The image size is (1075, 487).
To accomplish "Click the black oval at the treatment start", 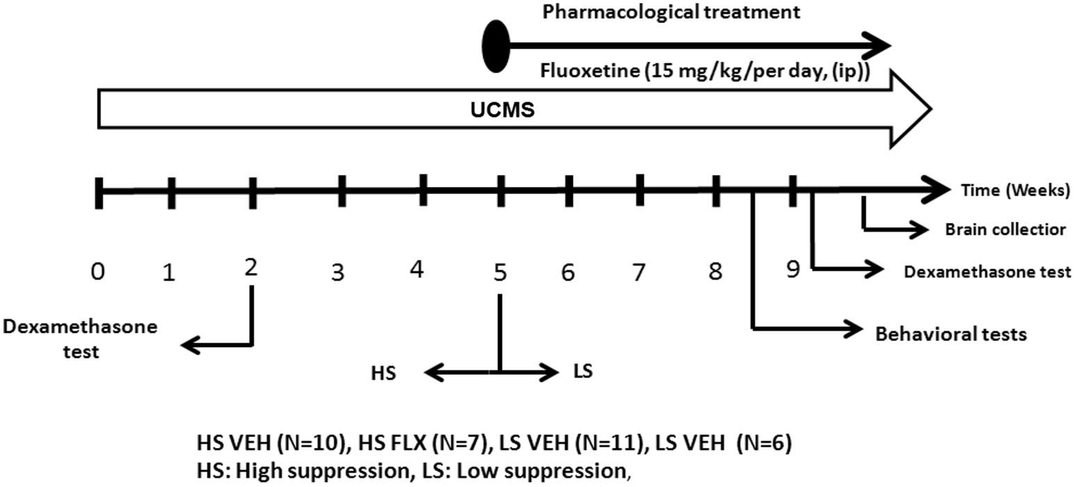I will pos(496,47).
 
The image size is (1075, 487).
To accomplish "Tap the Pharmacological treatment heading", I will pos(671,13).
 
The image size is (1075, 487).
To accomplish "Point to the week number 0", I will pos(98,271).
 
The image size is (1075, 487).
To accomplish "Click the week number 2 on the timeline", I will pos(251,266).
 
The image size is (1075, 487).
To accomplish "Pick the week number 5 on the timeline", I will pos(499,272).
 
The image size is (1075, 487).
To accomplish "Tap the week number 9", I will pos(793,269).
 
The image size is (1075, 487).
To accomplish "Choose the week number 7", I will pos(638,272).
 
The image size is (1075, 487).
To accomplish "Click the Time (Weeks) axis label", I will pos(1015,190).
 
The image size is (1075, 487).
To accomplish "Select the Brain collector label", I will pos(1005,229).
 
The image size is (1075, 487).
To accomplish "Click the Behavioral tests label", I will pos(951,334).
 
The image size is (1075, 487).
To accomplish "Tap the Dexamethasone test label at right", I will pos(987,272).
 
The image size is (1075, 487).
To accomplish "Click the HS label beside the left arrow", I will pos(383,373).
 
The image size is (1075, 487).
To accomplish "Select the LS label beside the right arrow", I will pos(583,371).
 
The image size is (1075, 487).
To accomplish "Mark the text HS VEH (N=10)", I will pos(271,443).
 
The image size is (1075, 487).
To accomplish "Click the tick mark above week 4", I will pos(423,190).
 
